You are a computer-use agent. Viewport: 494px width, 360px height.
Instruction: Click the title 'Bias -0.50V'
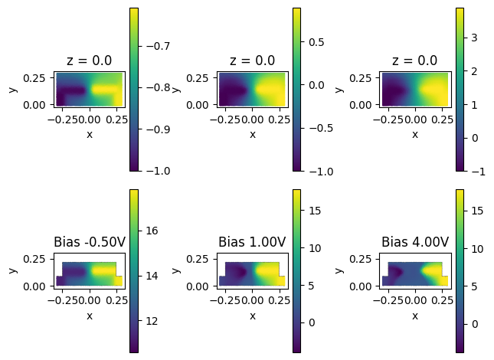point(89,242)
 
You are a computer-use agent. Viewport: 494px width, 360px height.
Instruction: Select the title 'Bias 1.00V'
point(252,242)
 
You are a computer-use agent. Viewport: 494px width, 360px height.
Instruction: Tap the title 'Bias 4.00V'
point(415,242)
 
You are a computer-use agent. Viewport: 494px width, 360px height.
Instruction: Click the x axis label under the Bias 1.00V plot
point(252,316)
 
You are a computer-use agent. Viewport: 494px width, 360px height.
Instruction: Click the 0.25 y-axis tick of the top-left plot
point(39,77)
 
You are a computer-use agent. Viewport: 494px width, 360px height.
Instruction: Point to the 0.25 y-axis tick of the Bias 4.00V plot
point(365,259)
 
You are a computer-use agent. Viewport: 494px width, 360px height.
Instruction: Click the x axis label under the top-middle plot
point(252,134)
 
